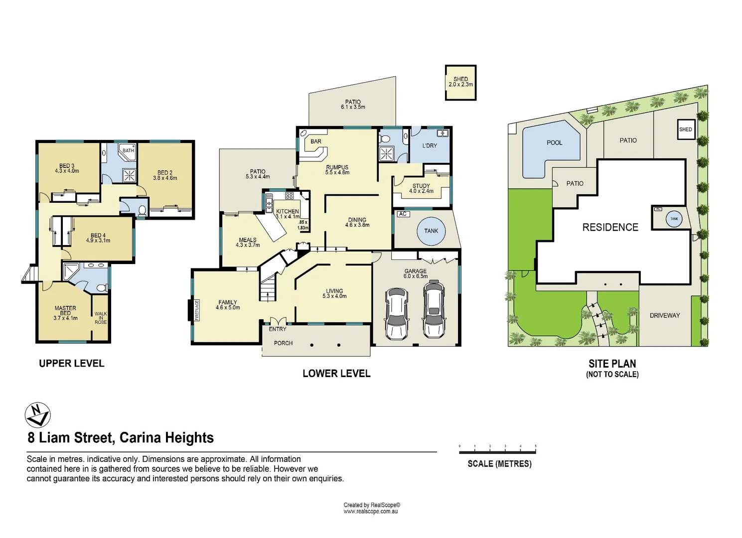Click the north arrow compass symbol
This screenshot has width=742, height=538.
pos(37,415)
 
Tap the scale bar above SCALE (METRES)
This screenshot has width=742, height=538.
pos(497,452)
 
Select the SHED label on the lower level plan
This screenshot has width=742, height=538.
pos(460,79)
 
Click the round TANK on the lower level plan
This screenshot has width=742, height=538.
pos(431,231)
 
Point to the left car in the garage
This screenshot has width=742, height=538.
pos(397,313)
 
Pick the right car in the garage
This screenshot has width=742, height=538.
pos(434,309)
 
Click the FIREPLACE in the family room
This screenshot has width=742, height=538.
pos(197,310)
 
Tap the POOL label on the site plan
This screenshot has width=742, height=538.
pos(554,143)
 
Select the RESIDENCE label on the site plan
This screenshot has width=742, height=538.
pos(610,228)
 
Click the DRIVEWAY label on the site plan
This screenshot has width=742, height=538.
pos(664,316)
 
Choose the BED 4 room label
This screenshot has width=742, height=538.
pos(98,236)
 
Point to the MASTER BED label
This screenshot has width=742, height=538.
pos(65,311)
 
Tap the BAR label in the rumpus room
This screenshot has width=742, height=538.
pos(316,141)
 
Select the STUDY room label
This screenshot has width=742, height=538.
pos(421,186)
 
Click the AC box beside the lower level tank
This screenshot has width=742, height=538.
pos(403,214)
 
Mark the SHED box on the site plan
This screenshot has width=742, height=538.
pos(685,130)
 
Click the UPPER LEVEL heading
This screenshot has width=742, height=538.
pos(72,364)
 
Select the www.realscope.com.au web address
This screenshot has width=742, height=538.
pos(370,512)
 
